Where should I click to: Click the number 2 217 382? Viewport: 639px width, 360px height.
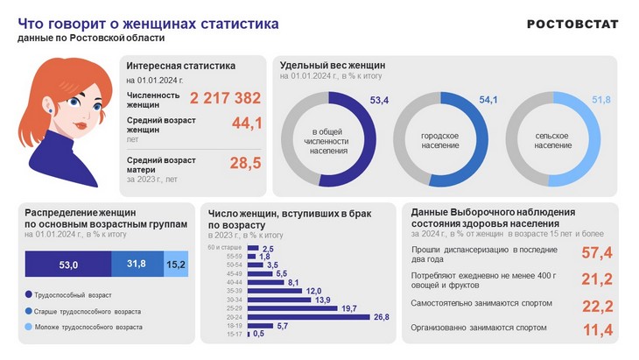[225, 98]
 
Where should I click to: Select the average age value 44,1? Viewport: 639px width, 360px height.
[247, 124]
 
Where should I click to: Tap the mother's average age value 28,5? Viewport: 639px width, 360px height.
[246, 163]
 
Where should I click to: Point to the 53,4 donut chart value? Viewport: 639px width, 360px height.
[379, 101]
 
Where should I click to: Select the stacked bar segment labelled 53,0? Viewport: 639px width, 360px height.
[68, 264]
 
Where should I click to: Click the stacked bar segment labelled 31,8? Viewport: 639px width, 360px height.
[137, 264]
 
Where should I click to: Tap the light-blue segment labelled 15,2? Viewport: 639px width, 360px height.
[176, 264]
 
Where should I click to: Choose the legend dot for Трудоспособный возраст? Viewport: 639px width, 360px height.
[29, 294]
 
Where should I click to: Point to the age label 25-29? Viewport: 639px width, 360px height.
[235, 308]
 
